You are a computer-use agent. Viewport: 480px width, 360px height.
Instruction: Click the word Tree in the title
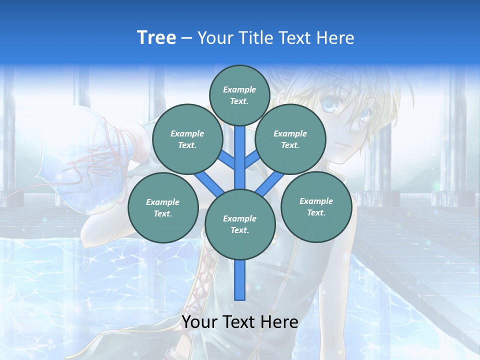[156, 37]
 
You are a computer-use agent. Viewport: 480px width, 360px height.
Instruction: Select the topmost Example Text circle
[240, 95]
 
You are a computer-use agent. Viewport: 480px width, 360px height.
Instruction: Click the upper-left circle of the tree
[187, 139]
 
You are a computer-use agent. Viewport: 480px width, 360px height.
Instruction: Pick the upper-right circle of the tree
[290, 139]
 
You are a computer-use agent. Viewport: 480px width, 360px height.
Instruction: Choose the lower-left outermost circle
[163, 207]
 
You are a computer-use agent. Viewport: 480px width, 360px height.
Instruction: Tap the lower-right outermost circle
[316, 206]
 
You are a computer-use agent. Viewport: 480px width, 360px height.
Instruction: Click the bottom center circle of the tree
[240, 224]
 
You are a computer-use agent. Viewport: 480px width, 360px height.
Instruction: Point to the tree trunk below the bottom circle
[240, 280]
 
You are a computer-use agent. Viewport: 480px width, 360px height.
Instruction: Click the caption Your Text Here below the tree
[240, 322]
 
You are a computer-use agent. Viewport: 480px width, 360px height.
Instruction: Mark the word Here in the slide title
[335, 38]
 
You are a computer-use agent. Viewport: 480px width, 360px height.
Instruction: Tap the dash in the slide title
[186, 38]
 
